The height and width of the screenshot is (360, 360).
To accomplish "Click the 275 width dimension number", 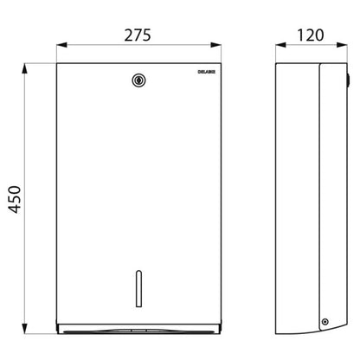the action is click(x=138, y=35).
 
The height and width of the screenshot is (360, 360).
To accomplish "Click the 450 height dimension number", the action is click(x=15, y=200).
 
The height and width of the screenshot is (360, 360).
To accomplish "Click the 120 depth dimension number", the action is click(x=311, y=35).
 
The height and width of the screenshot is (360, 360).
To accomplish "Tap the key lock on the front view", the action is click(x=138, y=80).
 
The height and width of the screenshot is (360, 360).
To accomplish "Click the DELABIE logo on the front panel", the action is click(x=207, y=72).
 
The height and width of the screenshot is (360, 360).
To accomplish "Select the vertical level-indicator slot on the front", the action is click(x=138, y=288).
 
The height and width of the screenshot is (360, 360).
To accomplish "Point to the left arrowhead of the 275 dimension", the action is click(x=61, y=45).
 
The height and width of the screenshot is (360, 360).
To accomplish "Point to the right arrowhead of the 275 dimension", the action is click(x=215, y=45).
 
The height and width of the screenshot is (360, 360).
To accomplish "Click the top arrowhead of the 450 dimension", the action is click(x=25, y=68).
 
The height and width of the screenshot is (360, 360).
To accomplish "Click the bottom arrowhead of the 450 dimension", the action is click(x=25, y=329).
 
